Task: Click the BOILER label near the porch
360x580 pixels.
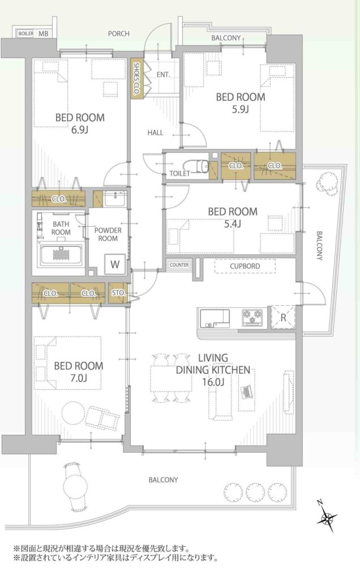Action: point(26,33)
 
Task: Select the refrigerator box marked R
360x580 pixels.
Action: point(283,317)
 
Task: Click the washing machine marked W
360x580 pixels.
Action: point(115,264)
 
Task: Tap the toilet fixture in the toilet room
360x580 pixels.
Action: point(196,166)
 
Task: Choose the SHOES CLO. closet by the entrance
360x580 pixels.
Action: point(136,78)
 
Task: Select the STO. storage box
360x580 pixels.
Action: point(118,293)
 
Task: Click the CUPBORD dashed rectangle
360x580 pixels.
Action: point(245,266)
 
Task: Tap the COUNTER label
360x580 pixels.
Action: point(179,265)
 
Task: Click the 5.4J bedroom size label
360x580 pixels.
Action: point(233,224)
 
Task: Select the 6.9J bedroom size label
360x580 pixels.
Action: point(79,130)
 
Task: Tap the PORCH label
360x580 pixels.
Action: point(119,33)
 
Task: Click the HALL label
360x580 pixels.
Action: point(155,133)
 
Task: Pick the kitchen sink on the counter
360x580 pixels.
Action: point(215,318)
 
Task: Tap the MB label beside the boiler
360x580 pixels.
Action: point(43,33)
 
